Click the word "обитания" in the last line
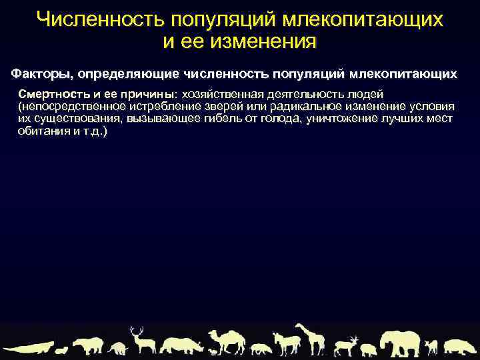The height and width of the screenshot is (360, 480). [x=41, y=131]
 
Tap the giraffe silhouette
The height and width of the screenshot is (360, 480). [x=309, y=338]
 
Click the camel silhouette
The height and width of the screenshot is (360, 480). [x=225, y=341]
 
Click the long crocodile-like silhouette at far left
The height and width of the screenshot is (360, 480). [x=27, y=348]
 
